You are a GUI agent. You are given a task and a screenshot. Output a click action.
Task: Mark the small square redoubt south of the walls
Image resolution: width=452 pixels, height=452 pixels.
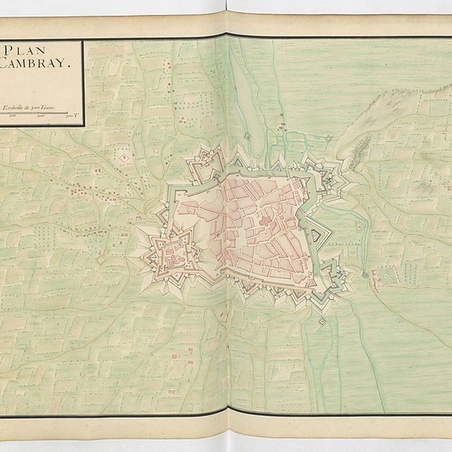point(322,320)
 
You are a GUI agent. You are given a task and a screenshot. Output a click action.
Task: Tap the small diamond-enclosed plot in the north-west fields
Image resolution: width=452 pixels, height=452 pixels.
point(123,156)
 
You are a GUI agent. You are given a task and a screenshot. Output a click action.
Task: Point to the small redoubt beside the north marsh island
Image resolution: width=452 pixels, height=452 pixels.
point(247,136)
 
